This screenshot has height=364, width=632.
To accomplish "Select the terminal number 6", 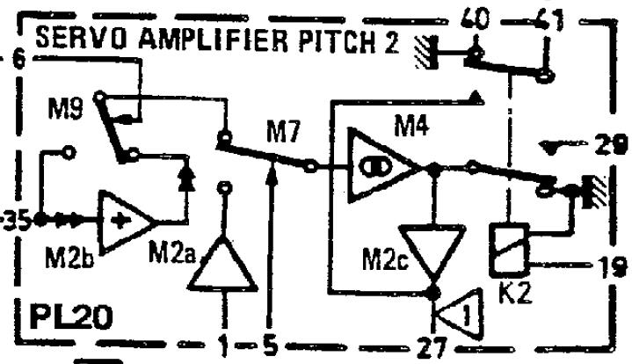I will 19,63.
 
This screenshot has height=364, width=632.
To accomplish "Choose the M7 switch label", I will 284,134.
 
